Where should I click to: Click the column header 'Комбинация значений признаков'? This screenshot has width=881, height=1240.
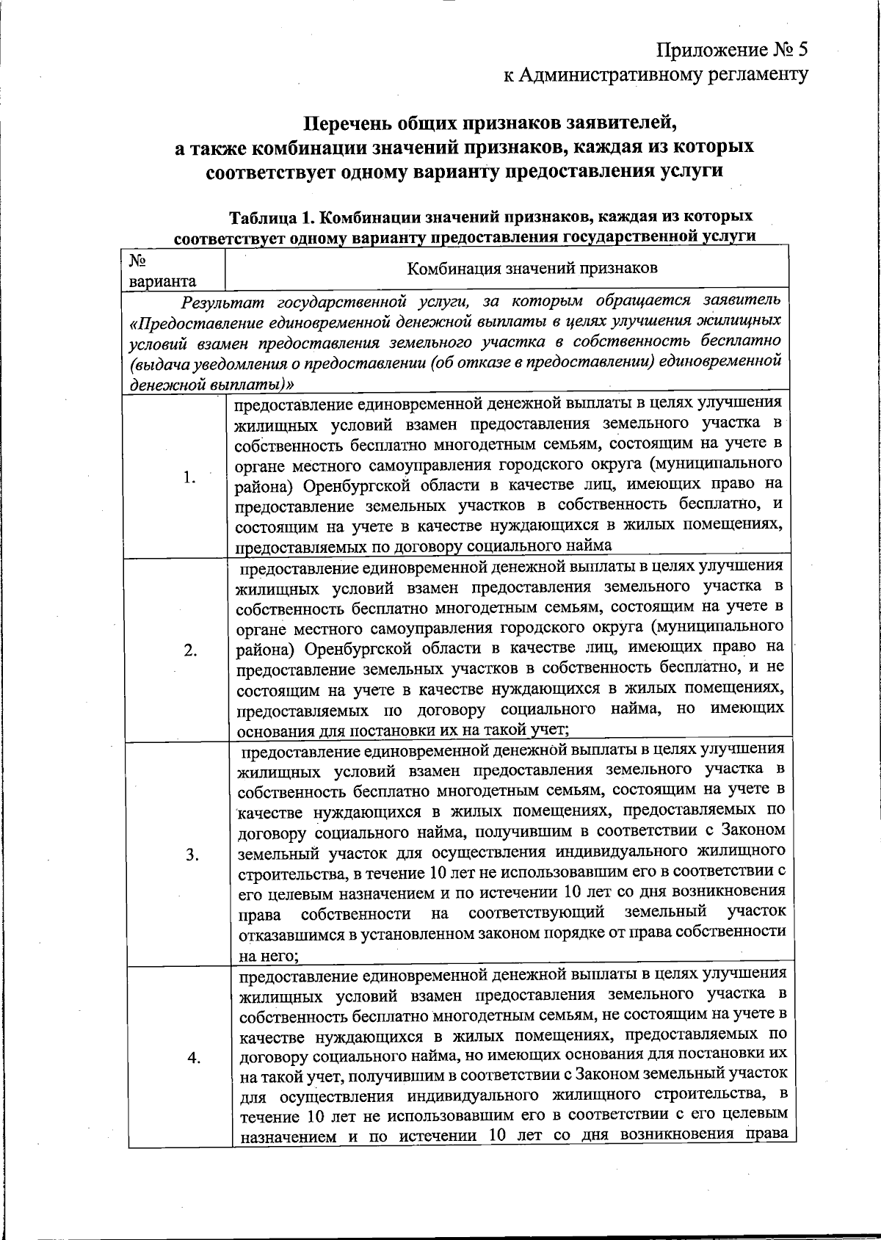[x=532, y=267]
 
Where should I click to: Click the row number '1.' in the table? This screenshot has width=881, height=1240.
[x=190, y=478]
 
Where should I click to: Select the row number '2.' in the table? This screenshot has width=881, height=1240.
[x=190, y=650]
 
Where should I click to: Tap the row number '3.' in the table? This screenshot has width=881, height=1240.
[x=192, y=855]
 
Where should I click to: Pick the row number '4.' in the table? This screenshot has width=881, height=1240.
[x=194, y=1057]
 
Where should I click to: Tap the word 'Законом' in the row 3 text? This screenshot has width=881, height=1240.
[x=754, y=830]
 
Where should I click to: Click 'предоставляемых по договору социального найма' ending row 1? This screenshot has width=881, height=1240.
[x=423, y=546]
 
